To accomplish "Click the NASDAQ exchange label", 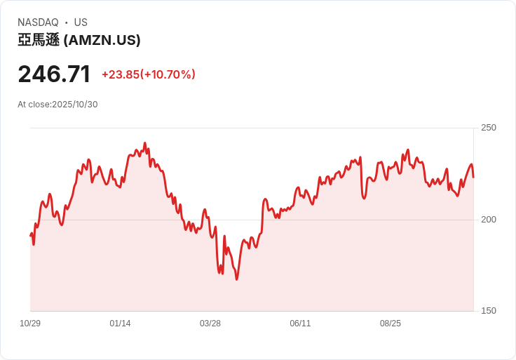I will point(38,22).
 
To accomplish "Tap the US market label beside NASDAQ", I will point(81,22).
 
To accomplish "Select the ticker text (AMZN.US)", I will point(102,41).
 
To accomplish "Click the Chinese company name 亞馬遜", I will point(39,41).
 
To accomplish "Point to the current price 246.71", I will point(54,74).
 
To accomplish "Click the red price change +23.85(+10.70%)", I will point(148,74).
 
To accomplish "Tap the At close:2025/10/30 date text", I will point(57,105).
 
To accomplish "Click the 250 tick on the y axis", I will point(488,128).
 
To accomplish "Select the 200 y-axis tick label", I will point(488,220).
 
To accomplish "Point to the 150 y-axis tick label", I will point(488,311).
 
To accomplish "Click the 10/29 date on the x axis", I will point(30,324).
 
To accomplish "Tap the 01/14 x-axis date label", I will point(120,324).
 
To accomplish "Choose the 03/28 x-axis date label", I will point(210,324).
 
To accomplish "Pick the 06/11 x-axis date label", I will point(300,324).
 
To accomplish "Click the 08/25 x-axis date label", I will point(391,324).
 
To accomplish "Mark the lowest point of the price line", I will point(236,279).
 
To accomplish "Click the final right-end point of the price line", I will point(473,177).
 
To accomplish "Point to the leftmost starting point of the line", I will point(30,235).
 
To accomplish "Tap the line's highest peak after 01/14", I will point(144,143).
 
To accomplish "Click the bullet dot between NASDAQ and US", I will point(66,22).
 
